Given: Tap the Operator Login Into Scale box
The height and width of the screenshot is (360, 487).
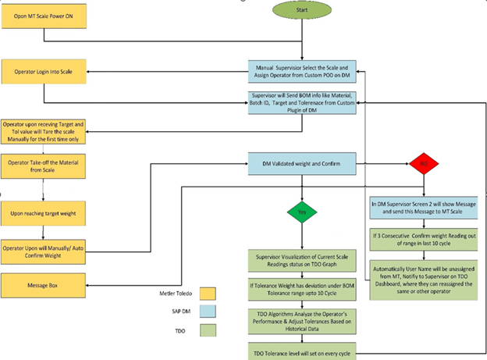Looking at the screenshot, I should [x=43, y=72].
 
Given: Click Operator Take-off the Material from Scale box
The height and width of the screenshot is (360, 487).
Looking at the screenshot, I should [x=43, y=166].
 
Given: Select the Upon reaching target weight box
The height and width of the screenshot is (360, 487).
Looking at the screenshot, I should [x=43, y=212].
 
